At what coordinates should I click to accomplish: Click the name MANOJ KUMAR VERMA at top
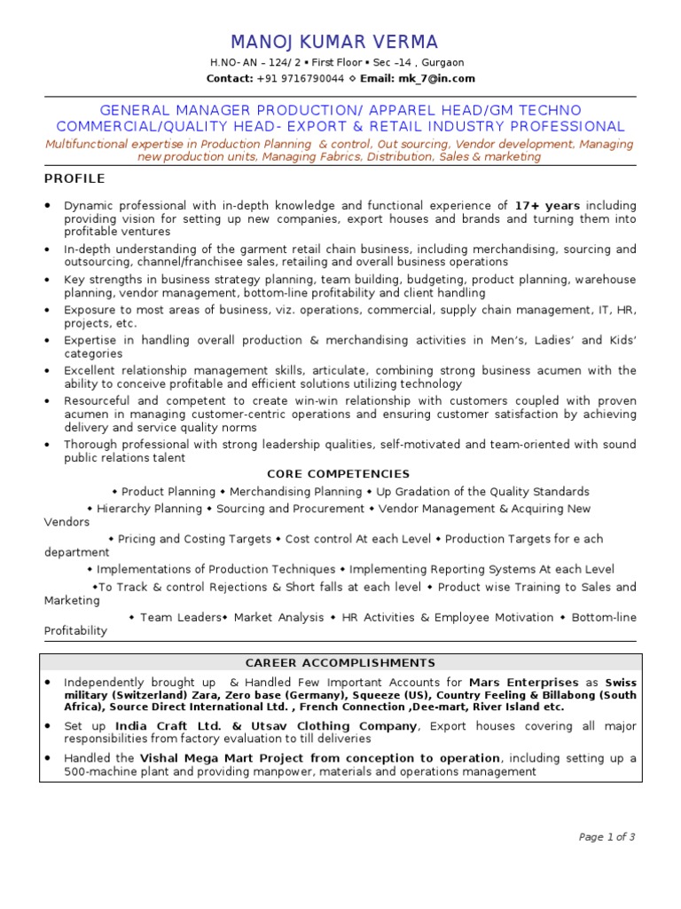[x=334, y=43]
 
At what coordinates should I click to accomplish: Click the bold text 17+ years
[x=547, y=205]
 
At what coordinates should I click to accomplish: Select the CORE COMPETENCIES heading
[x=339, y=474]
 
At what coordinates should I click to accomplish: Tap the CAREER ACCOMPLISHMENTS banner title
[x=340, y=662]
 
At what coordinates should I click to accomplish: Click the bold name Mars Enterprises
[x=522, y=682]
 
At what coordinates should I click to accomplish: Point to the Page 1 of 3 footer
[x=607, y=836]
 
